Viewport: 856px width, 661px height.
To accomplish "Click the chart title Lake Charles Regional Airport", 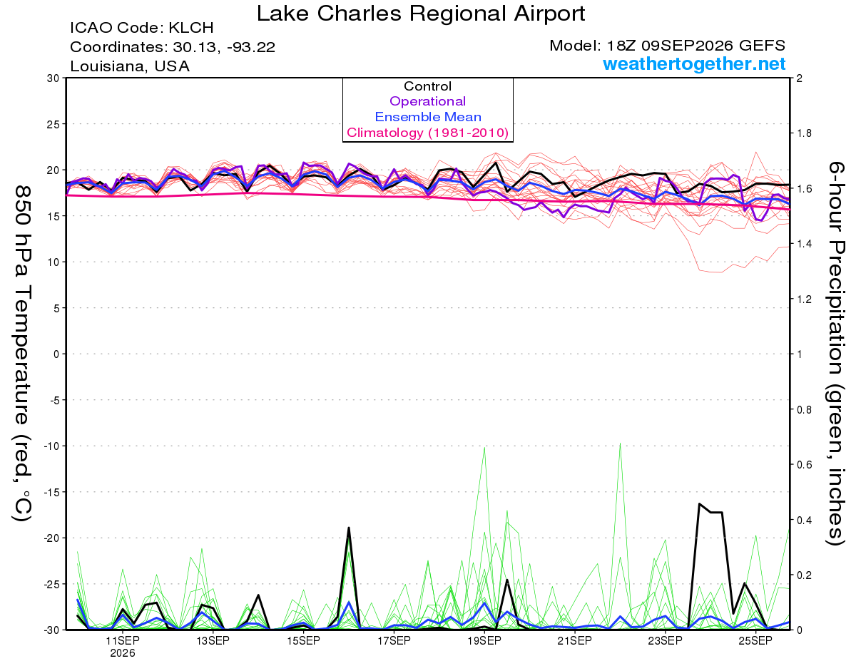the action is click(421, 14).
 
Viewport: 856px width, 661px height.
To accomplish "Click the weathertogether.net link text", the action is click(694, 63).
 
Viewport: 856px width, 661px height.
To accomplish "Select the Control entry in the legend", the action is click(427, 86).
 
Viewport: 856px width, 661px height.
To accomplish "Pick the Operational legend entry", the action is click(427, 101).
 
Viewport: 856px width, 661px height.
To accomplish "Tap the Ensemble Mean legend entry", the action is click(428, 117).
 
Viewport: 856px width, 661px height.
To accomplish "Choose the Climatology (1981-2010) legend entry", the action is click(427, 133).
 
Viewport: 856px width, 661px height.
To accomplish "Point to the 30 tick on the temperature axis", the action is click(53, 78).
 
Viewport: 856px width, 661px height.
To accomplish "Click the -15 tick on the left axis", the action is click(51, 492).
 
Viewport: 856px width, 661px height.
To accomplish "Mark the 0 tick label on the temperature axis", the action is click(56, 354).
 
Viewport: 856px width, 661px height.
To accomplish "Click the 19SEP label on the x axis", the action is click(484, 641).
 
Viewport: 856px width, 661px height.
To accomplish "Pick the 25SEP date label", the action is click(755, 641).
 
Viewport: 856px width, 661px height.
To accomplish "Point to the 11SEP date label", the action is click(123, 641).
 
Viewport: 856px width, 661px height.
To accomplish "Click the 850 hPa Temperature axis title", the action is click(22, 354).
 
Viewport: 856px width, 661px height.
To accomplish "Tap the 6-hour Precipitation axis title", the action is click(835, 353).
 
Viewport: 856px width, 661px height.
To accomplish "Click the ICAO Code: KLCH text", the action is click(142, 28).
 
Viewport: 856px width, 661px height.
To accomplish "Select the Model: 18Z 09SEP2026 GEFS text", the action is click(667, 46).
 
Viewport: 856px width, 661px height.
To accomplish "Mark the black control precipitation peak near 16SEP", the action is click(349, 528).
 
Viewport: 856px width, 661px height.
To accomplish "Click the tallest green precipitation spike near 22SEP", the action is click(620, 444).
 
